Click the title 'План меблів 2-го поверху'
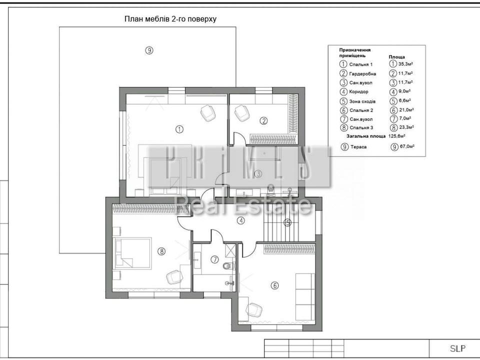170,19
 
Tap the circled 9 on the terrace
149,50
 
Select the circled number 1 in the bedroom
179,129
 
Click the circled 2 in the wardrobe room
263,121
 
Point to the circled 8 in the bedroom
161,251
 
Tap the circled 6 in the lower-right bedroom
274,285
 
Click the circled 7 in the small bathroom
215,259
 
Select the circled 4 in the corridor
241,220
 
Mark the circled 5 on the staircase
287,223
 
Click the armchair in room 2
242,113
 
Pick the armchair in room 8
175,277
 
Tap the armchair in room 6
254,310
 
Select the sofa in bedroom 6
304,296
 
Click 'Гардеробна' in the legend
362,74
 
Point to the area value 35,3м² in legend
405,64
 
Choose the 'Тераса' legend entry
358,147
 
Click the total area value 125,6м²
397,136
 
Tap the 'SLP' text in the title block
457,348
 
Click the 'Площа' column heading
396,57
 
